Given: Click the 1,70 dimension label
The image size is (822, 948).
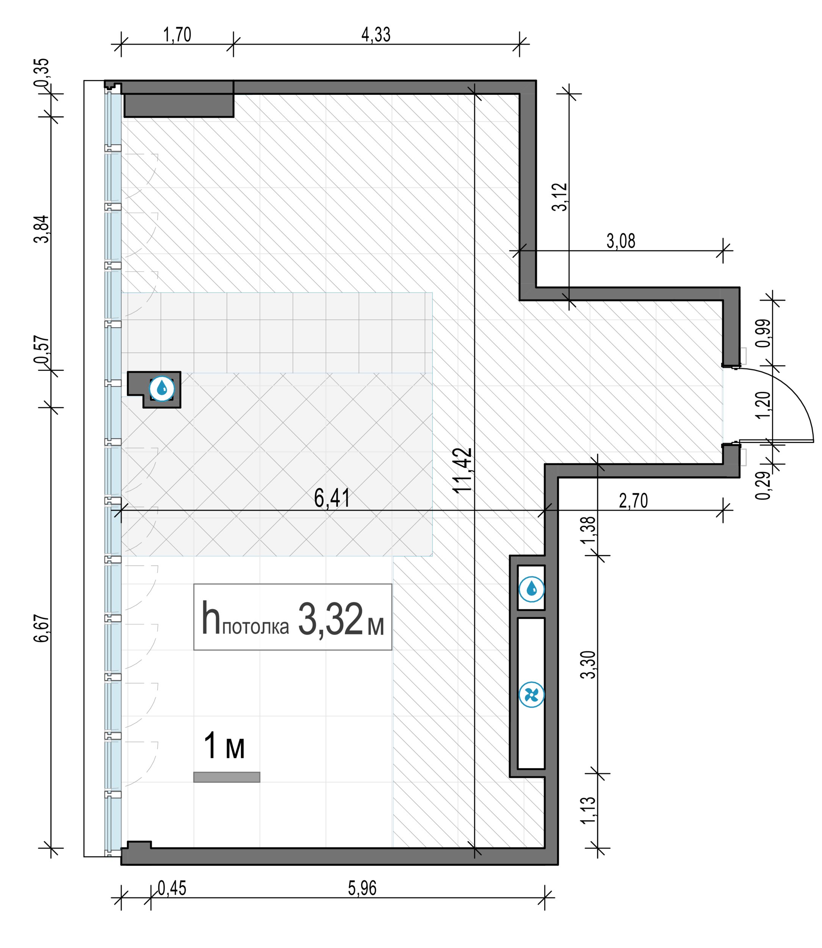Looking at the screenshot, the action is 177,35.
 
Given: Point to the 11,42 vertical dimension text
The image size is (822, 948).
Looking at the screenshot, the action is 463,469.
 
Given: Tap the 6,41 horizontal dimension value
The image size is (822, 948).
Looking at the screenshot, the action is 332,498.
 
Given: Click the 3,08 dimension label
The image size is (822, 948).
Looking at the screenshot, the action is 621,241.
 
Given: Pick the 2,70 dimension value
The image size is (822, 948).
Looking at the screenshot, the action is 634,501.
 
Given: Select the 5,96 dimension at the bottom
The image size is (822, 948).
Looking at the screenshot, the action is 362,888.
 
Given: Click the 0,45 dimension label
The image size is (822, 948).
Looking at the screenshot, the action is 172,888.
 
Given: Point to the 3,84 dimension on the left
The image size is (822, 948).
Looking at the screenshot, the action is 42,229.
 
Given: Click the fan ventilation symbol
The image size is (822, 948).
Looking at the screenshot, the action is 532,695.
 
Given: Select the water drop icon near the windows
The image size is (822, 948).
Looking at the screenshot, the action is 162,389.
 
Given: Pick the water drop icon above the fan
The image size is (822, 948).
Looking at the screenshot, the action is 532,589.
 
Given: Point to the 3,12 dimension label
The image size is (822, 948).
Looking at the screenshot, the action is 560,197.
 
